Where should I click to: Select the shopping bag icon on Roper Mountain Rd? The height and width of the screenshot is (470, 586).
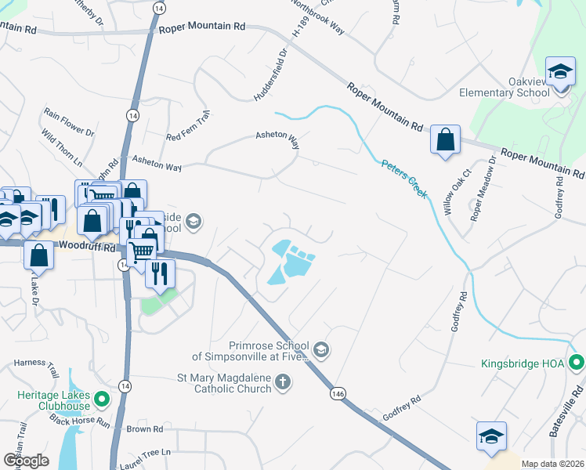point(445,140)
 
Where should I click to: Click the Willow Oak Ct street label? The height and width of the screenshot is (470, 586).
point(457,192)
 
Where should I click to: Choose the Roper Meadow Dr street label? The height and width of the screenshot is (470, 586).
point(483,188)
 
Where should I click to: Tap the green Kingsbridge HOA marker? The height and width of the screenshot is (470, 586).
point(577,363)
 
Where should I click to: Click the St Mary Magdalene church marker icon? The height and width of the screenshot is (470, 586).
point(284,382)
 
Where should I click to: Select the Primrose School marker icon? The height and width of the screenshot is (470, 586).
point(320,349)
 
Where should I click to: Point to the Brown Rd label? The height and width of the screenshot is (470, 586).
point(144,429)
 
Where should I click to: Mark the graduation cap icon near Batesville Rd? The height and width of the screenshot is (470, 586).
point(490,436)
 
